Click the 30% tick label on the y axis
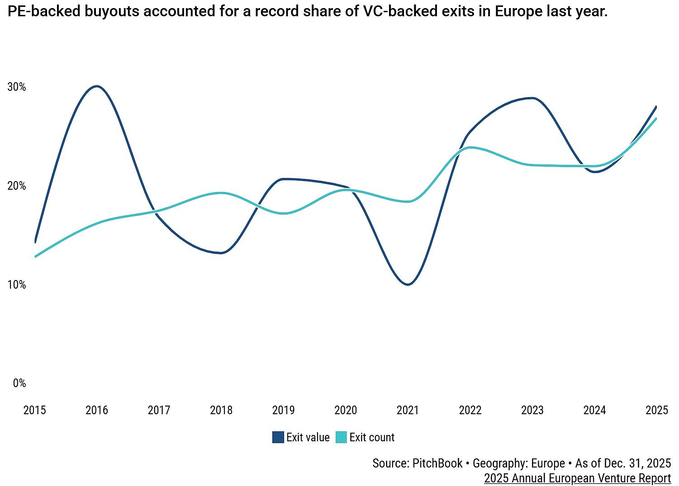click(x=17, y=87)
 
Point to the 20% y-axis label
click(x=17, y=186)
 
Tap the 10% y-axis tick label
click(x=17, y=285)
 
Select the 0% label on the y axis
click(x=19, y=383)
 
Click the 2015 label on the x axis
click(x=35, y=410)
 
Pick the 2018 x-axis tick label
click(x=221, y=410)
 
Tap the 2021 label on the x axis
click(x=408, y=410)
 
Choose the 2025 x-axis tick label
click(x=657, y=410)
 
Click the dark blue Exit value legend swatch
click(x=278, y=437)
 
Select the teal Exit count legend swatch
click(x=342, y=437)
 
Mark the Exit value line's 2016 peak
click(x=97, y=86)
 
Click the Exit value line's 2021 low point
click(x=408, y=285)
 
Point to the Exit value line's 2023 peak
click(x=533, y=98)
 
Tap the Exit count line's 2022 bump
click(x=470, y=147)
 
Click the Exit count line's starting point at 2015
click(x=35, y=257)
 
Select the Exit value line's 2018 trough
click(x=221, y=253)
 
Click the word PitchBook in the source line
click(x=437, y=463)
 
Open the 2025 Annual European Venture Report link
click(x=577, y=478)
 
